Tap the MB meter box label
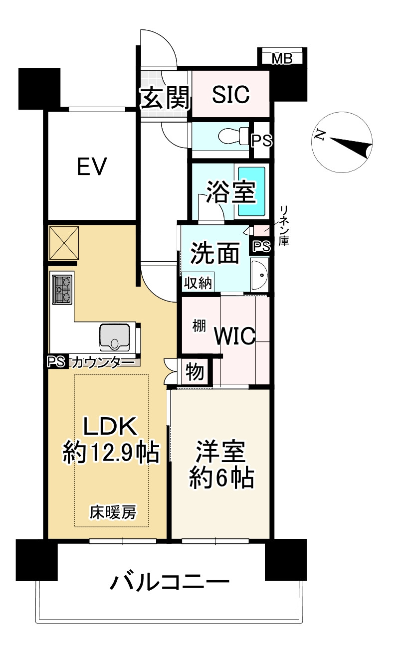[282, 59]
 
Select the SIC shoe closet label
[230, 94]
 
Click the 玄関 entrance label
[165, 98]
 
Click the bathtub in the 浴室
[251, 191]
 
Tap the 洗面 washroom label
[215, 253]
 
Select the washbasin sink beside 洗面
[260, 275]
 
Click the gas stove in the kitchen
[62, 290]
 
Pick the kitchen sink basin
[115, 337]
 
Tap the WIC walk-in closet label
[235, 336]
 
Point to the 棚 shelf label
[199, 326]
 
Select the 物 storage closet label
[195, 372]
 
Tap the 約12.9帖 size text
[111, 453]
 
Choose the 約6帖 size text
[221, 478]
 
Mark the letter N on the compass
[320, 135]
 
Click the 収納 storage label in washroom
[198, 283]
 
